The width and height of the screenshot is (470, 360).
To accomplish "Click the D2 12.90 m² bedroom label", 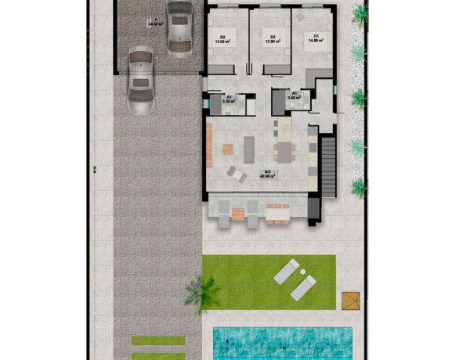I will click(x=272, y=39).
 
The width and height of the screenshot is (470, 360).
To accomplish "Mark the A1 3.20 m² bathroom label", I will click(x=229, y=99).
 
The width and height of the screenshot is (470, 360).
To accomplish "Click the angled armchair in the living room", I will click(x=236, y=174).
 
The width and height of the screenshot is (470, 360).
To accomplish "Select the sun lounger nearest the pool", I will click(x=302, y=288).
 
